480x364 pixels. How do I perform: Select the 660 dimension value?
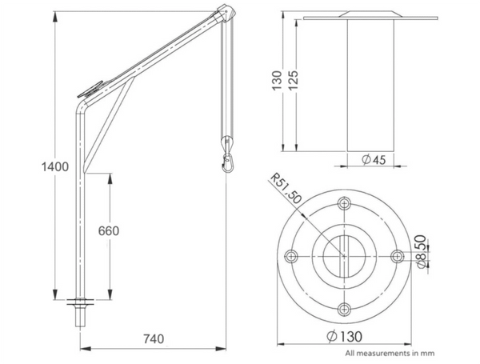point(108,232)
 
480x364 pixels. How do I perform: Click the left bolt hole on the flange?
point(291,256)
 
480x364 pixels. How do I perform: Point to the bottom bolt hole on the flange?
point(344,309)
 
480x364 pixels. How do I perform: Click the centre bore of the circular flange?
point(344,256)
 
